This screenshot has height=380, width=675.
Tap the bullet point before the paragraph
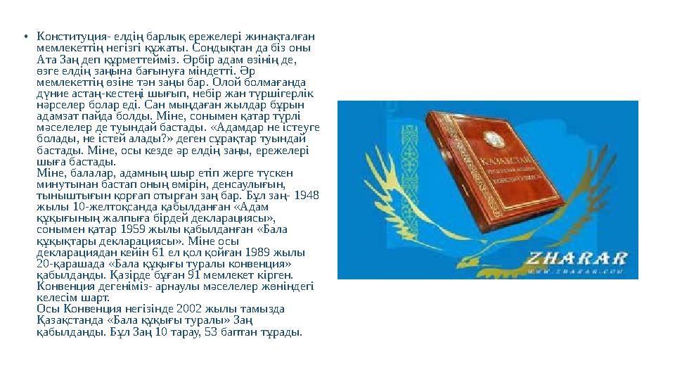pos(25,37)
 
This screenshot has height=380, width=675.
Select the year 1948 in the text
pos(308,194)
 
